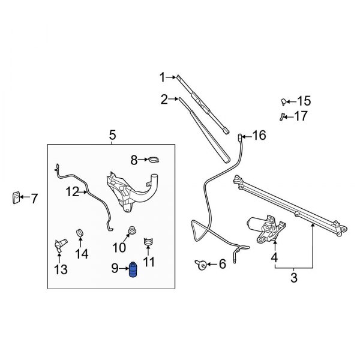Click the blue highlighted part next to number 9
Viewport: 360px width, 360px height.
(134, 271)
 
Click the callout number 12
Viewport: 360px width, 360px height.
(73, 192)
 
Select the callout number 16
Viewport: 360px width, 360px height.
(258, 136)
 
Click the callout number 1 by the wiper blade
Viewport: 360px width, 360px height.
(161, 76)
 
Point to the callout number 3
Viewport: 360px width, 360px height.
(294, 278)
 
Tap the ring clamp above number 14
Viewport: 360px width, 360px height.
(80, 232)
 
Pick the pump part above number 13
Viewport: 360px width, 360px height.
(59, 245)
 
